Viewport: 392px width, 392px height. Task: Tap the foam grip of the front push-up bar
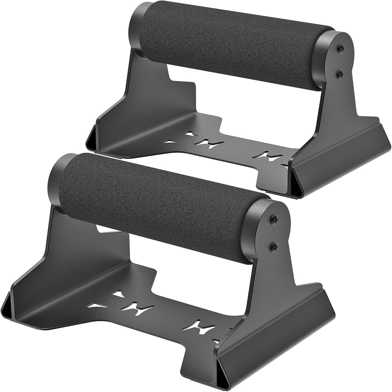(157, 204)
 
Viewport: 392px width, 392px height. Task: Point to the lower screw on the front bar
(274, 246)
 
